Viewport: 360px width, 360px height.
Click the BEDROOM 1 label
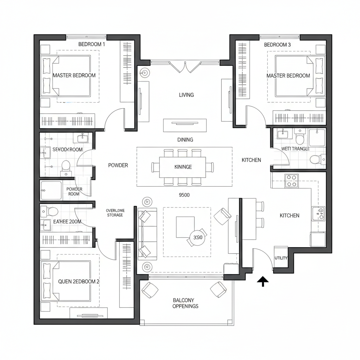[91, 44]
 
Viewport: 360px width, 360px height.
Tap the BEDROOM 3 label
[277, 45]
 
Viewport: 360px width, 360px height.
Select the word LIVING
[186, 95]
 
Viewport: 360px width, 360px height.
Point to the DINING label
[185, 140]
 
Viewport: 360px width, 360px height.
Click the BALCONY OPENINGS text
[185, 303]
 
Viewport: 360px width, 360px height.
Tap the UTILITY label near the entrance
[281, 258]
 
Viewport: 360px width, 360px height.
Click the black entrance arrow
[263, 281]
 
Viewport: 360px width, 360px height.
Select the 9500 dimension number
[184, 195]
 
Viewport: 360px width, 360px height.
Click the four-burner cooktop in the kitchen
[291, 181]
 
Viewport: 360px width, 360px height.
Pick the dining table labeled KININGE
[183, 167]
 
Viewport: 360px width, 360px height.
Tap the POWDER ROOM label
[74, 191]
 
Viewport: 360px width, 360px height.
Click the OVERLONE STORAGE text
[115, 213]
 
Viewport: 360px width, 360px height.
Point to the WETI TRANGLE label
[295, 149]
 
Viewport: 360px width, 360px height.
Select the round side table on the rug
[197, 238]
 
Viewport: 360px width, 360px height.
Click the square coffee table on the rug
[185, 226]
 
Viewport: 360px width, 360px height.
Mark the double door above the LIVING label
[185, 66]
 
